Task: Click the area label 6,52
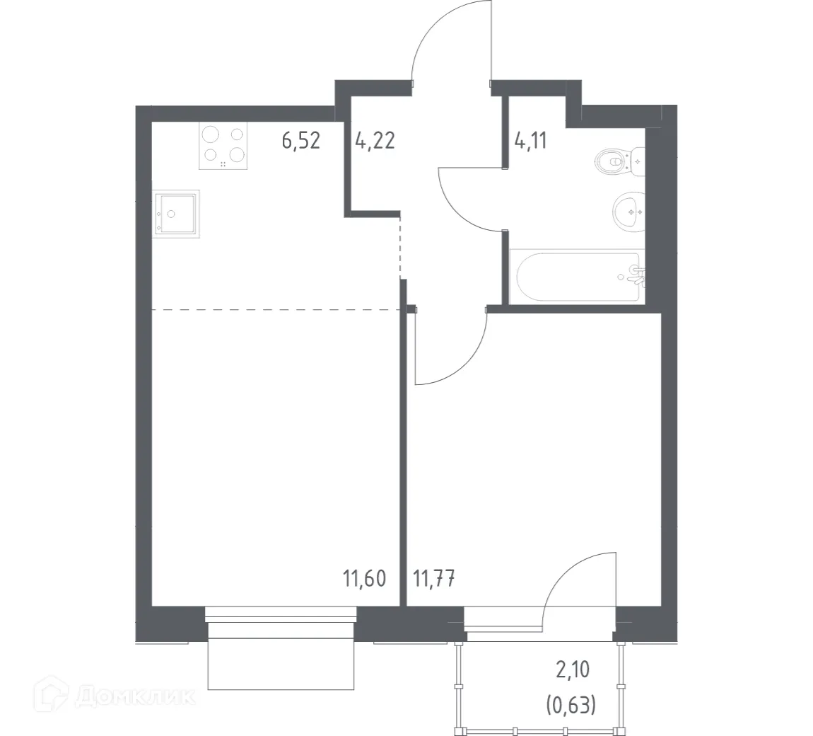301,140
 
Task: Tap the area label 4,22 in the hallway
375,140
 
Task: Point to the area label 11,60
365,579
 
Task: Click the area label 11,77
433,579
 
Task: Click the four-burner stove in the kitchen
223,146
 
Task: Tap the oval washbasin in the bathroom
627,210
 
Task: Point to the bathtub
577,277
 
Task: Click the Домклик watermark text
134,697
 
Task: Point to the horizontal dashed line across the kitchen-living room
276,310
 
